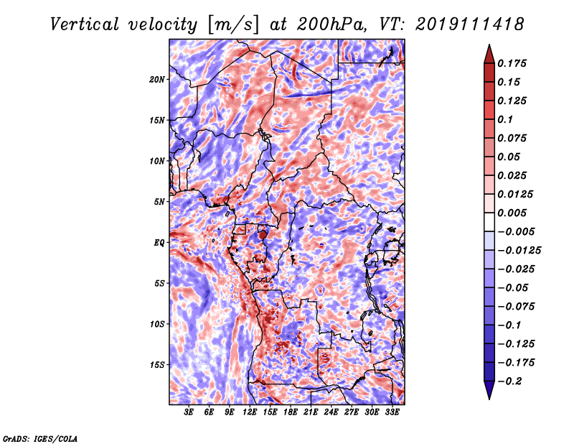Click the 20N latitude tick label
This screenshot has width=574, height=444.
[156, 79]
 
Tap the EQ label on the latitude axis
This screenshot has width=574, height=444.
[159, 242]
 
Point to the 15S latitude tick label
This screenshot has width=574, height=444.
[156, 364]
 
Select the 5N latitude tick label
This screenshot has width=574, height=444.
[159, 202]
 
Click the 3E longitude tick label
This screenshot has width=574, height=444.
[189, 412]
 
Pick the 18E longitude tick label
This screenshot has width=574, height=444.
[291, 412]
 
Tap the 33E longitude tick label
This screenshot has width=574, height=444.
[392, 412]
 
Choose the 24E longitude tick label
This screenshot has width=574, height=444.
[331, 412]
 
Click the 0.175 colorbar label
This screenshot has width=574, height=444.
[512, 63]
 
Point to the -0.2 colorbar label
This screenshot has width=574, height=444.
[509, 381]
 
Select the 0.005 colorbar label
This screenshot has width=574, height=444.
[512, 213]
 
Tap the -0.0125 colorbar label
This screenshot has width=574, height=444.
[519, 251]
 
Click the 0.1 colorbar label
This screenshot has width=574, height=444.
[505, 119]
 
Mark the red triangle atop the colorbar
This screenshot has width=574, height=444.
[489, 55]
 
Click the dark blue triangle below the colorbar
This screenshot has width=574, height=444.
[489, 390]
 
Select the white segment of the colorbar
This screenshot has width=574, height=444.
[489, 222]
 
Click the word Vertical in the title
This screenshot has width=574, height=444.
[85, 24]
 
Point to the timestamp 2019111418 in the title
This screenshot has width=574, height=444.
[470, 24]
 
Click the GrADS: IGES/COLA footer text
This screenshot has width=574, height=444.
[40, 439]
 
